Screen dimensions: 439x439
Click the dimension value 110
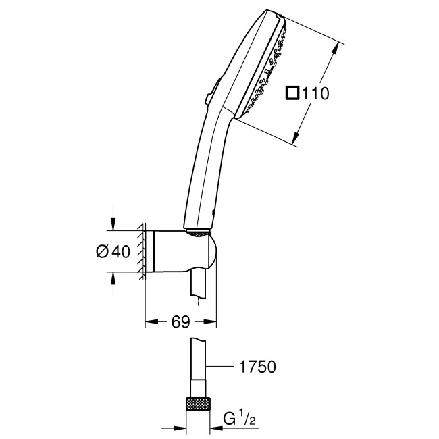[x=315, y=94]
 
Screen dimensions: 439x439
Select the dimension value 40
[x=120, y=251]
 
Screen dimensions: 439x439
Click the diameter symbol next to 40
[x=103, y=251]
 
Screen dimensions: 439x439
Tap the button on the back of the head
[x=210, y=93]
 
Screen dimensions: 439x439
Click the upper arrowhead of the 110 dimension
[x=335, y=49]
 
